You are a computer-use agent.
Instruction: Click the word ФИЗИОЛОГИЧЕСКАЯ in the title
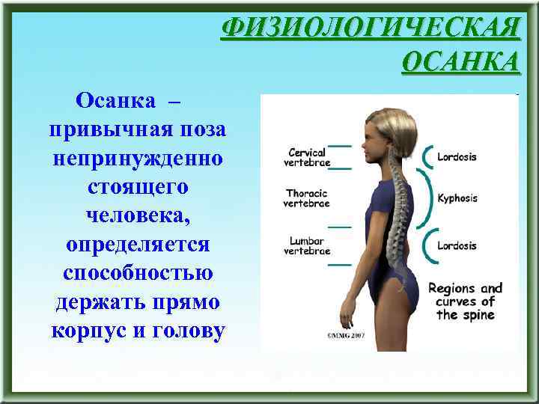(371, 28)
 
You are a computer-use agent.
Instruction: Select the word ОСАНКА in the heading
(460, 61)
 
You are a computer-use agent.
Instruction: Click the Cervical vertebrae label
(306, 156)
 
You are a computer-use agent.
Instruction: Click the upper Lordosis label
(457, 157)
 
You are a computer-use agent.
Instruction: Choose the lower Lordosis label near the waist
(457, 245)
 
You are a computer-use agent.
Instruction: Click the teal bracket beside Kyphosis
(429, 199)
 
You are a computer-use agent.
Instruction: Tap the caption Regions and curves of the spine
(465, 301)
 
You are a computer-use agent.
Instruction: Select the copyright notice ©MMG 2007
(345, 334)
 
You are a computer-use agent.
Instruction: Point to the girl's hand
(346, 314)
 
